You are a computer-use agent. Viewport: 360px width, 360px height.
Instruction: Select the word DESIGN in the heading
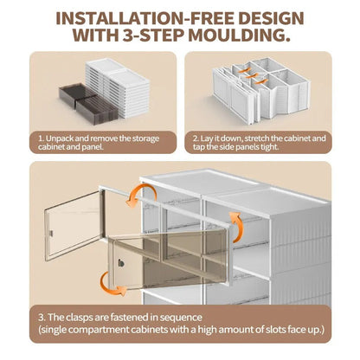click(x=272, y=18)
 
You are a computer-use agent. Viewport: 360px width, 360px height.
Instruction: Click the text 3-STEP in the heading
click(x=154, y=35)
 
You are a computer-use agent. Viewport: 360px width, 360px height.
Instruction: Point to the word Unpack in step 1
click(x=60, y=138)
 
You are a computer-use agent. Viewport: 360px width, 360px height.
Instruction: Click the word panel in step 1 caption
click(x=92, y=147)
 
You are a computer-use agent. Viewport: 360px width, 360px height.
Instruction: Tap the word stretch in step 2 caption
click(x=257, y=138)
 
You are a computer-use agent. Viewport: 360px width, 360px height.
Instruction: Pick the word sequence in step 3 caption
click(x=181, y=318)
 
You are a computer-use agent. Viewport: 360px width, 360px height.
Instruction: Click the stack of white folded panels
click(x=118, y=87)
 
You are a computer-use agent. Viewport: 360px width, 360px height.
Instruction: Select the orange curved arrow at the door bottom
click(x=112, y=285)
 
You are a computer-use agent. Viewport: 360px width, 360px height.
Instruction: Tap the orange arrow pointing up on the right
click(x=236, y=227)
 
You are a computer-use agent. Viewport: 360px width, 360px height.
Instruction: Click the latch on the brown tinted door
click(x=121, y=263)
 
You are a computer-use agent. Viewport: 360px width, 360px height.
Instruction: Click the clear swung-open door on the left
click(x=74, y=225)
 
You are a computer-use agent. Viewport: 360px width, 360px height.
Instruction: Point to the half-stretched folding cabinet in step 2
click(x=261, y=90)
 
